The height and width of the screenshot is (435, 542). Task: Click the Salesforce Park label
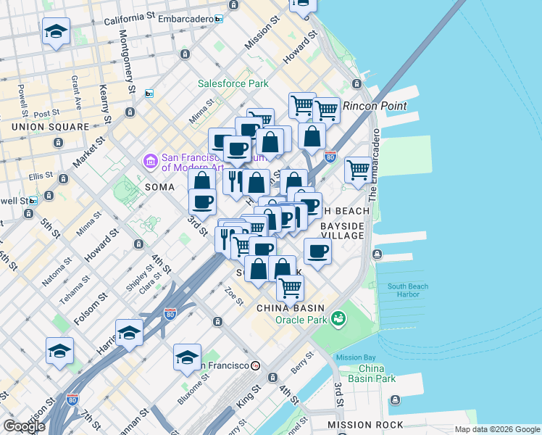(233, 84)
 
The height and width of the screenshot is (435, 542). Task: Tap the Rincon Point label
(375, 106)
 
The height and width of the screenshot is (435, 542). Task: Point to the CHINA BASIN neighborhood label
(290, 308)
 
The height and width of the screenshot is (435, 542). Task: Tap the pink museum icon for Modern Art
(151, 160)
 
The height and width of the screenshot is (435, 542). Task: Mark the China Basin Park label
(376, 373)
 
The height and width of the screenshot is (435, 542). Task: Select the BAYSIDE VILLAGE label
(342, 231)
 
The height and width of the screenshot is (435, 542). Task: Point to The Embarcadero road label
(374, 166)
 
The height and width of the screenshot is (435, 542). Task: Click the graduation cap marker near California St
(56, 33)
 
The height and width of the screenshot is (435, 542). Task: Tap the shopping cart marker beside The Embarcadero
(358, 170)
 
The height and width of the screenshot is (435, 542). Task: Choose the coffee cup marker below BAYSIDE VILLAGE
(317, 252)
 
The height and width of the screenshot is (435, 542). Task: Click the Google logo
(23, 426)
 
